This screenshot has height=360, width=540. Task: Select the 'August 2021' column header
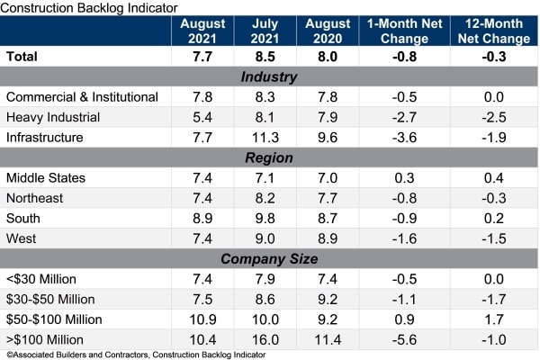pyautogui.click(x=202, y=32)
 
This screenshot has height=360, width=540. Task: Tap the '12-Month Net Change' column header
pyautogui.click(x=490, y=32)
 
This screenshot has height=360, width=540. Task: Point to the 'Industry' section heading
pyautogui.click(x=269, y=76)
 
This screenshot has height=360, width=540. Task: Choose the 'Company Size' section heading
pyautogui.click(x=269, y=259)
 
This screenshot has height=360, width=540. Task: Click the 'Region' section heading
pyautogui.click(x=269, y=157)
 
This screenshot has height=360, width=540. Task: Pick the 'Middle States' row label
pyautogui.click(x=46, y=178)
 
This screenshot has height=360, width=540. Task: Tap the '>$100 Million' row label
pyautogui.click(x=45, y=340)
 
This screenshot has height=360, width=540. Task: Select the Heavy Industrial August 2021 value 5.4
pyautogui.click(x=202, y=117)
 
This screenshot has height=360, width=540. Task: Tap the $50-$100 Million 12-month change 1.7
pyautogui.click(x=490, y=319)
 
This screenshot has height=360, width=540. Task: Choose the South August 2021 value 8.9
pyautogui.click(x=202, y=219)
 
